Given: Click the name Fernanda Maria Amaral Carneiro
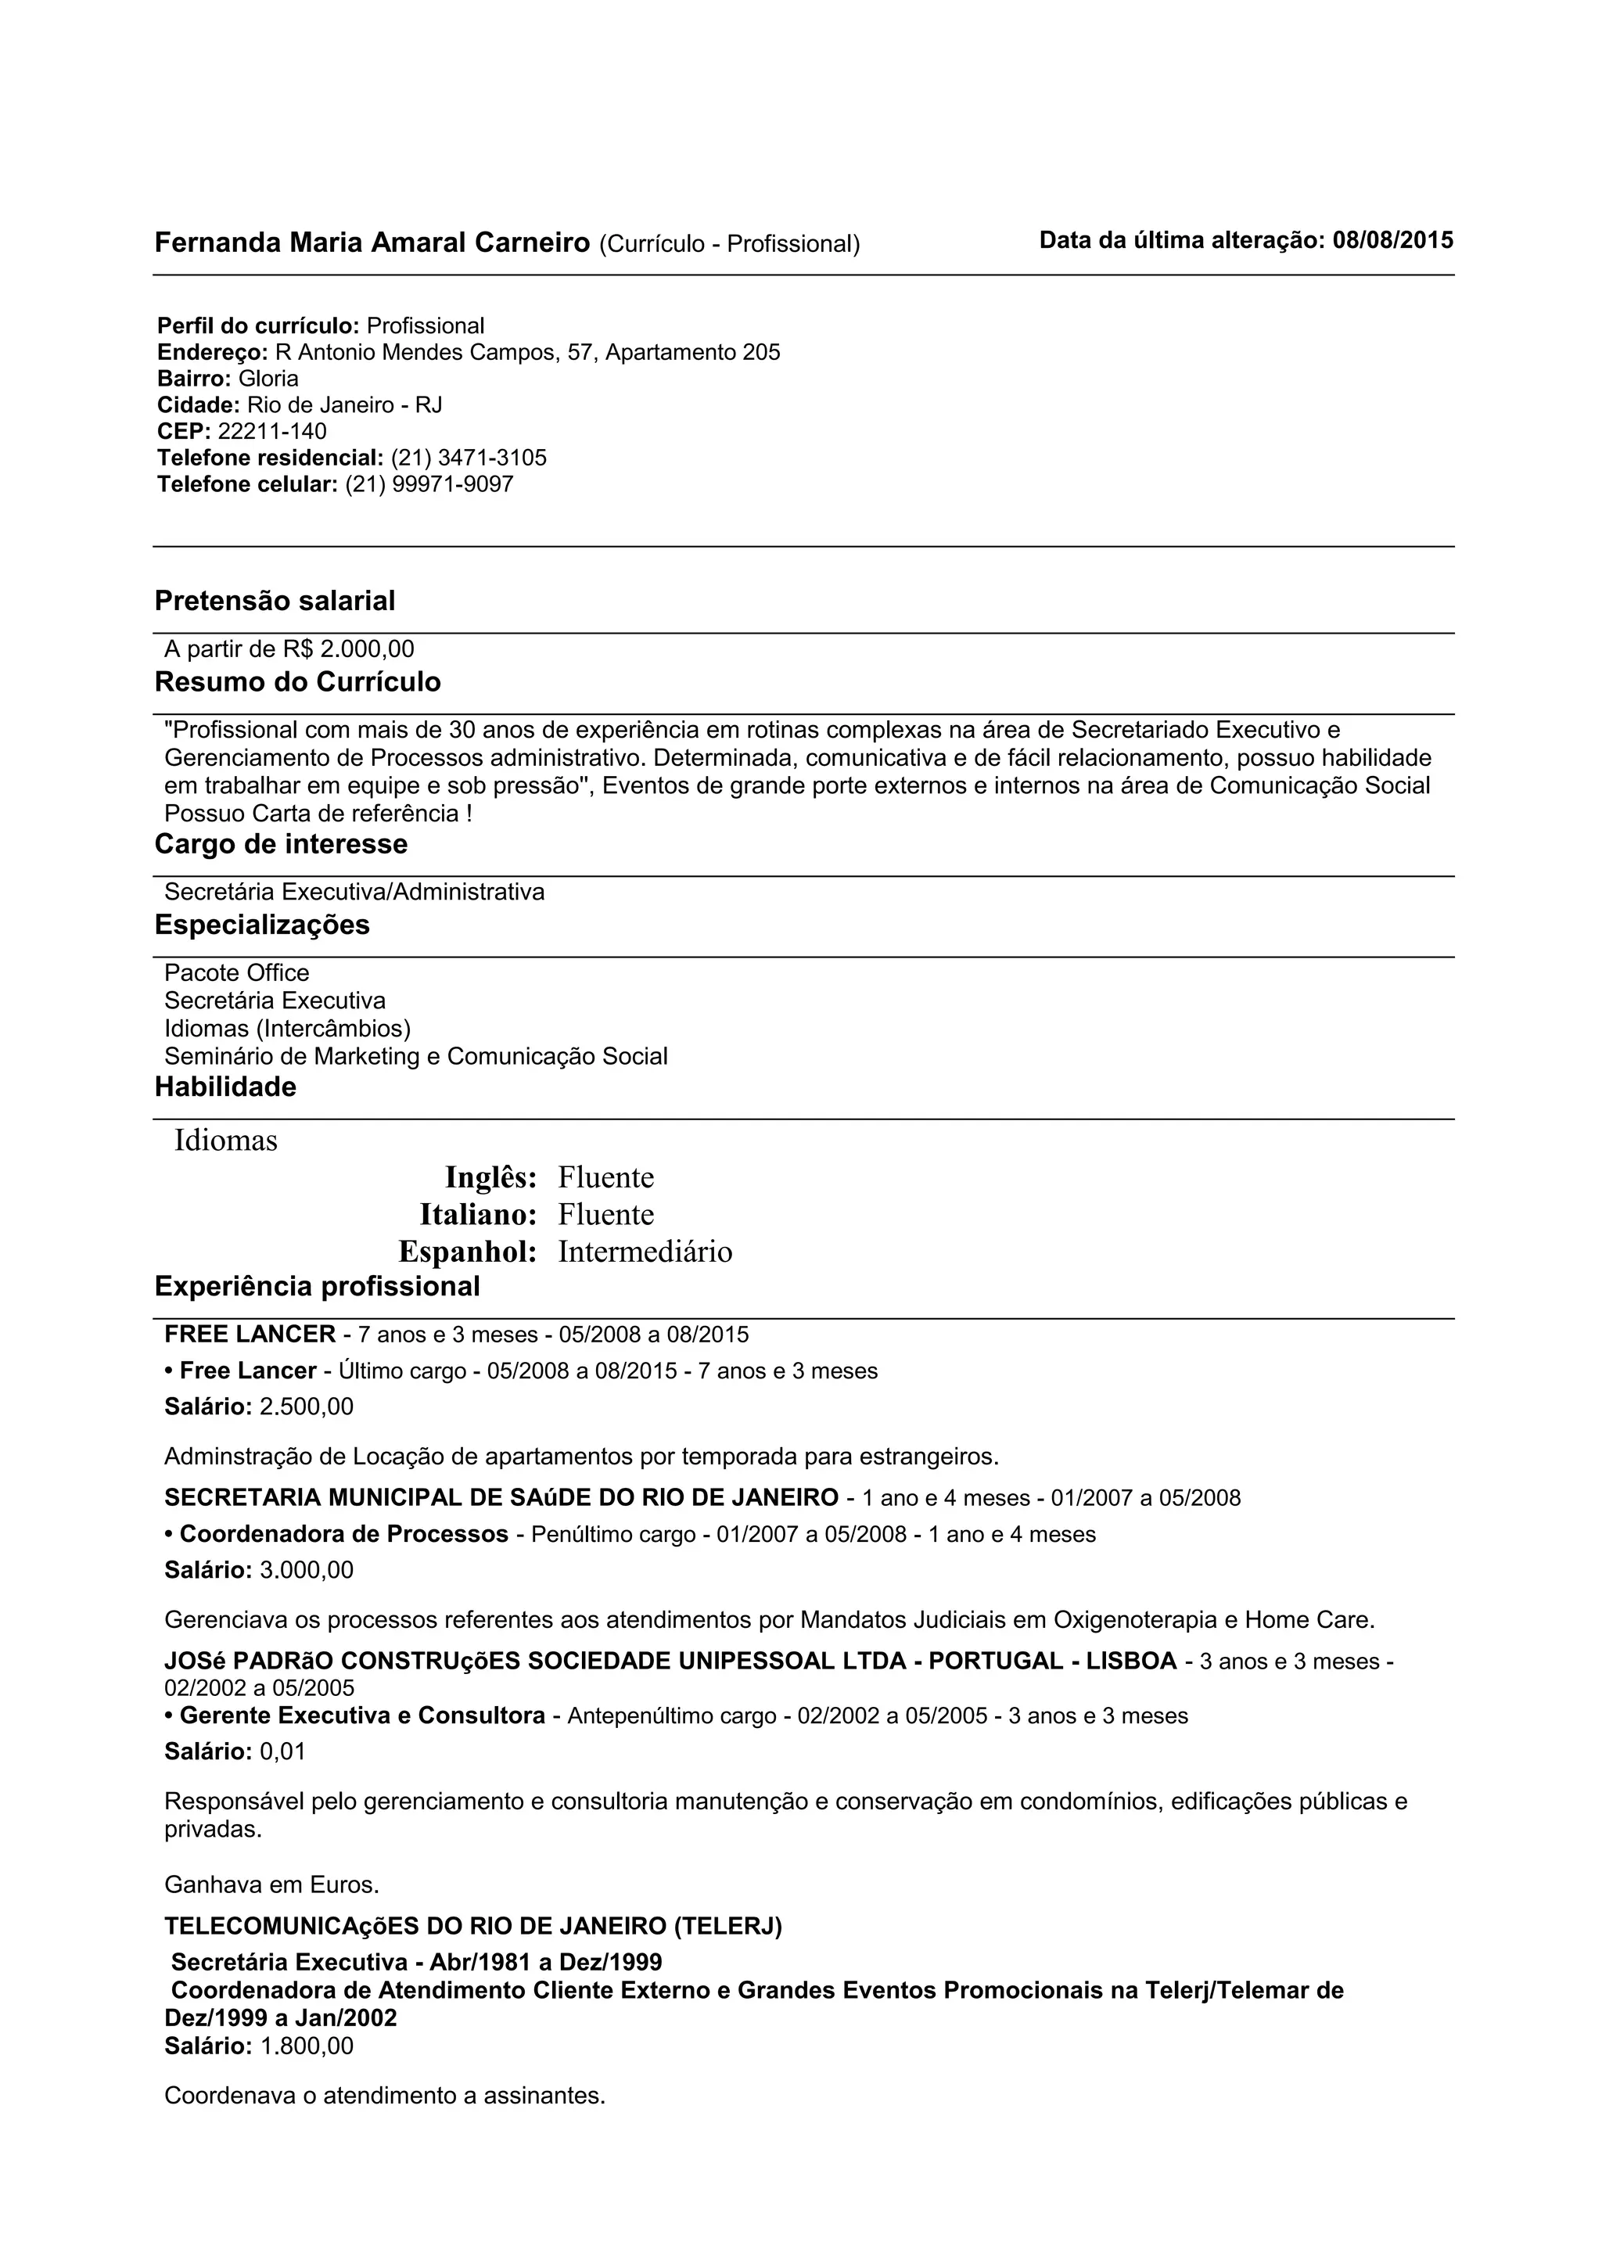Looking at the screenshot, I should pyautogui.click(x=372, y=243).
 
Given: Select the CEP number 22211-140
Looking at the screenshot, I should pyautogui.click(x=272, y=432).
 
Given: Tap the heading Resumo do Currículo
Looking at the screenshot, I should pyautogui.click(x=297, y=682).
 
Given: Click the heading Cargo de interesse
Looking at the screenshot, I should pyautogui.click(x=282, y=844).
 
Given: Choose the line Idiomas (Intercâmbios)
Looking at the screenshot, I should pyautogui.click(x=287, y=1028).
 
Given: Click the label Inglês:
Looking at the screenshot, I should pyautogui.click(x=490, y=1177).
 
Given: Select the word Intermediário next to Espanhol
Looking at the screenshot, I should pyautogui.click(x=645, y=1252).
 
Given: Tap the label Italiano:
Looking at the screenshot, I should pyautogui.click(x=478, y=1214).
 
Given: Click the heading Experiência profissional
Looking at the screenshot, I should pyautogui.click(x=317, y=1287).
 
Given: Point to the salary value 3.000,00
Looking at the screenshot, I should pyautogui.click(x=306, y=1570).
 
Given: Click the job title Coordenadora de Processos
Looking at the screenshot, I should pyautogui.click(x=343, y=1534).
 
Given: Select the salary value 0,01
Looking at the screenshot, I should pyautogui.click(x=282, y=1751).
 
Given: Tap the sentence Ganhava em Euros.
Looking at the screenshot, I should pyautogui.click(x=271, y=1885).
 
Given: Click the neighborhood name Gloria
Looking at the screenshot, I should pyautogui.click(x=268, y=379).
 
